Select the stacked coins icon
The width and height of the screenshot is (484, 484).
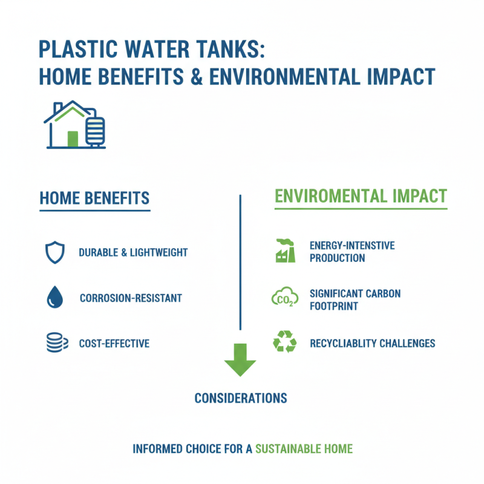coord(54,343)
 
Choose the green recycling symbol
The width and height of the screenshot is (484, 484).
coord(285,342)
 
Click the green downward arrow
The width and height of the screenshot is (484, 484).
coord(240,360)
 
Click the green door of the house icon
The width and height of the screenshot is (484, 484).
coord(73,138)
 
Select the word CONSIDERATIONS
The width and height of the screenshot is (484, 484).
coord(240,398)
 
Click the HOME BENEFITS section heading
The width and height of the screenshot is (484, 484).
coord(94,198)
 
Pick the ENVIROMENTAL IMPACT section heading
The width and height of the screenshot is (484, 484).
coord(361,196)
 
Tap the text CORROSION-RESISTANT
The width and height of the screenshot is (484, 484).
coord(131,298)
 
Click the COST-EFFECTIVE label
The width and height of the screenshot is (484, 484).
coord(114,344)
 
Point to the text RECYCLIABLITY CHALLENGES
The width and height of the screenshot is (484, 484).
coord(372,344)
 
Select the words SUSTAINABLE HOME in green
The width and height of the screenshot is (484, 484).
coord(304,449)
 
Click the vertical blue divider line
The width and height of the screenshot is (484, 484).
coord(240,260)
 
